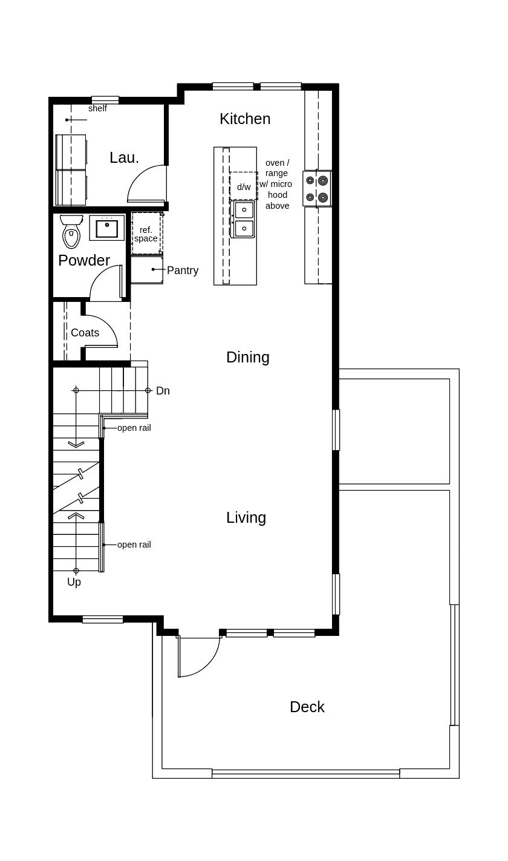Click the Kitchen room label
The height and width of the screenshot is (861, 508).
coord(245,119)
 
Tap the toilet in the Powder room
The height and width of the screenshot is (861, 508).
coord(71,231)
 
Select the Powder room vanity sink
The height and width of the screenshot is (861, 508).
coord(107,228)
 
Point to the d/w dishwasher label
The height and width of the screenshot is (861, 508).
coord(244,187)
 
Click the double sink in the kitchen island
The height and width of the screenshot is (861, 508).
coord(243,219)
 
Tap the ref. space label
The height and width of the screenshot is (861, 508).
coord(146,234)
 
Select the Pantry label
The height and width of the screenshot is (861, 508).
coord(183,270)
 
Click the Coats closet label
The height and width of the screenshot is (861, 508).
coord(85,333)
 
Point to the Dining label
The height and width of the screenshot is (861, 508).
coord(248,357)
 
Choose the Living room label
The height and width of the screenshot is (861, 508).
coord(246,517)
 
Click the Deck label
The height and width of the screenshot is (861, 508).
coord(307,707)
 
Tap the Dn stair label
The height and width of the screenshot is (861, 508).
coord(163,391)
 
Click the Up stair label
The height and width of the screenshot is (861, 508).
coord(74,582)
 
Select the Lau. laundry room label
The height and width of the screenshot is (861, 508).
coord(124,157)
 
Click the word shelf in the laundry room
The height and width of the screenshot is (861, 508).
coord(97,108)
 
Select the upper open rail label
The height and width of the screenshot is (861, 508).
coord(134,428)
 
